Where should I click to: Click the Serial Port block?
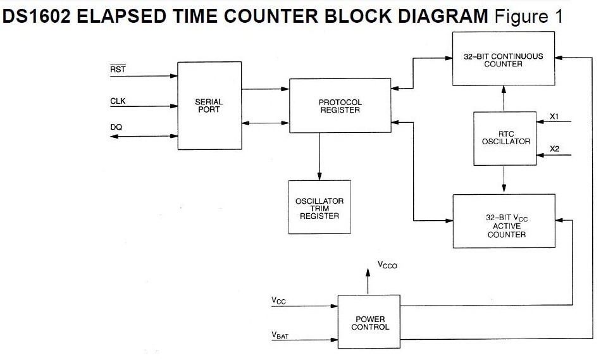[x=209, y=106]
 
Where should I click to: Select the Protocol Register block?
[x=340, y=106]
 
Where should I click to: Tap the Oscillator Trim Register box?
[x=319, y=208]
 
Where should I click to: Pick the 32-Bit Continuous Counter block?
[x=503, y=59]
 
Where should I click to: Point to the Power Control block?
[x=370, y=323]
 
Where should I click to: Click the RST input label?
[x=118, y=70]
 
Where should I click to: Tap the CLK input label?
[x=118, y=100]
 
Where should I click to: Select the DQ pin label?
[x=116, y=127]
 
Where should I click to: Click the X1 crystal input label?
[x=554, y=116]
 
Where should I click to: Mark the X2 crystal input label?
[x=554, y=149]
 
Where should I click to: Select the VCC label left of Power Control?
[x=278, y=301]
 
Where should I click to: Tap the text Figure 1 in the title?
[x=529, y=17]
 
